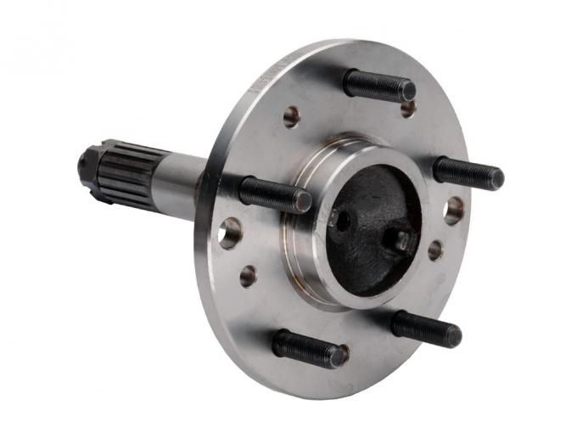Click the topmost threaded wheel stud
pos(378,84)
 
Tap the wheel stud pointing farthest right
pos(467,172)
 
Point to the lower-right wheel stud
pos(424,327)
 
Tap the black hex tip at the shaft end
pos(86,161)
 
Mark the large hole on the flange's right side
pos(454,210)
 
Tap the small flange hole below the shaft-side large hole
pos(249,275)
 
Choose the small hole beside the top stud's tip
pos(408,108)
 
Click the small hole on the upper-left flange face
pos(292,116)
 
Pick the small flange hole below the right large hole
pos(435,250)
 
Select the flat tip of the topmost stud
pos(408,89)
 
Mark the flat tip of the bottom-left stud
pos(339,356)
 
